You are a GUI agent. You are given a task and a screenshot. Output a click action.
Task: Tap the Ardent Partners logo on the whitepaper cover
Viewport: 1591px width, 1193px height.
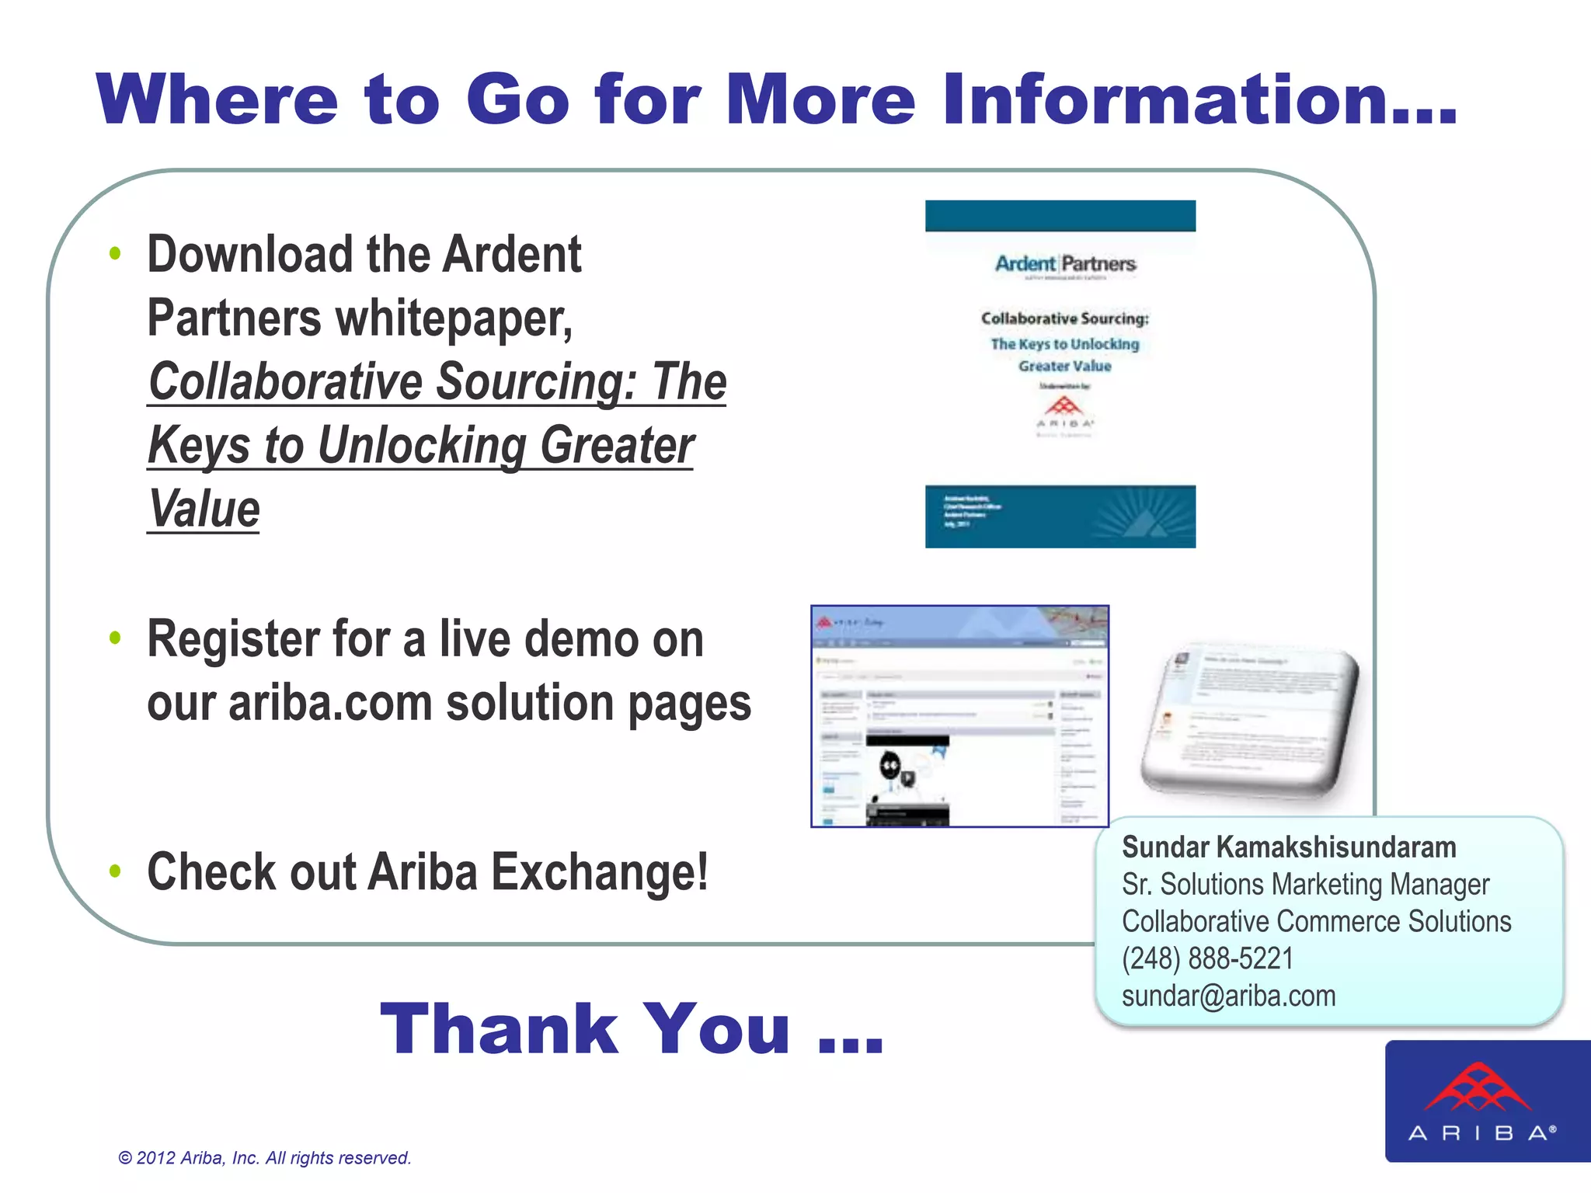[1065, 264]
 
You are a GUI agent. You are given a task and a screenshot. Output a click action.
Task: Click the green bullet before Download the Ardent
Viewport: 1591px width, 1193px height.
[116, 253]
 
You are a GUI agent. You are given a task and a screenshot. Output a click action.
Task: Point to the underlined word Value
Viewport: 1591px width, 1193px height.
[204, 510]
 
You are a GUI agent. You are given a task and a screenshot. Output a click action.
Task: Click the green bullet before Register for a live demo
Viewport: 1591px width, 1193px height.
[116, 638]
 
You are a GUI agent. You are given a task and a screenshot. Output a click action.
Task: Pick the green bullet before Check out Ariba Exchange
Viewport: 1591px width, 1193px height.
[116, 871]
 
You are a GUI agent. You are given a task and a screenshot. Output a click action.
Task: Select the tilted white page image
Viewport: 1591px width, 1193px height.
[1251, 718]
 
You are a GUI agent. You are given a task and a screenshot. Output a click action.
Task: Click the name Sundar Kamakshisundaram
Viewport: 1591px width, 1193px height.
[1288, 847]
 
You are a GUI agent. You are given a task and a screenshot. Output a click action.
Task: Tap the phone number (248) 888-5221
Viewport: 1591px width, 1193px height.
[1207, 958]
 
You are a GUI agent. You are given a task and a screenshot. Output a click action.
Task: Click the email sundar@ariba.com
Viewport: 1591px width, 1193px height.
[1228, 996]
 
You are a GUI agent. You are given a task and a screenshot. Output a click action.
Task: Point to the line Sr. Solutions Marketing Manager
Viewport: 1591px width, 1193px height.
[1305, 884]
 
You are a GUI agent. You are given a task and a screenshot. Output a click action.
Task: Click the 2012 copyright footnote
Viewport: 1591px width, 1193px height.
[264, 1158]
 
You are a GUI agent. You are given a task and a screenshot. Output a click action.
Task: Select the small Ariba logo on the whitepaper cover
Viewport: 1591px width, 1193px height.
[1064, 412]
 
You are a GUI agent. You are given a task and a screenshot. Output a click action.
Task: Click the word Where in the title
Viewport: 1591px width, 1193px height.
[218, 99]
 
